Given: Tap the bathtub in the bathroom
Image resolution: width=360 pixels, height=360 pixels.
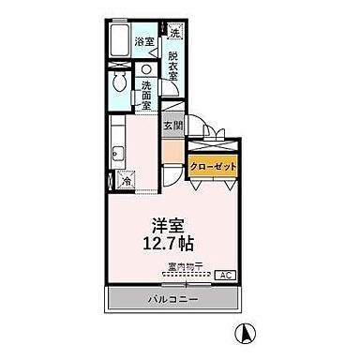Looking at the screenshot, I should pos(118,41).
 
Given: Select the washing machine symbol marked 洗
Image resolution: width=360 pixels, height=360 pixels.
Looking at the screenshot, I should pos(175,33).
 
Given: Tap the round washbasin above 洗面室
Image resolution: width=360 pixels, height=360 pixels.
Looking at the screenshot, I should pos(146,70).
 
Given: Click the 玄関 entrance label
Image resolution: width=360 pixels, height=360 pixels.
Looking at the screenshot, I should pos(173,126).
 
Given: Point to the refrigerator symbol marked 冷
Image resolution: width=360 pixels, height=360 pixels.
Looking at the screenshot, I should pos(127,181).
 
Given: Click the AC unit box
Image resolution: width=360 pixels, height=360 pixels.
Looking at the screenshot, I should pos(225,276).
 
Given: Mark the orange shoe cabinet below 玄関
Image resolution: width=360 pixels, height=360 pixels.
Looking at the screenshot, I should pos(172,150).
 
